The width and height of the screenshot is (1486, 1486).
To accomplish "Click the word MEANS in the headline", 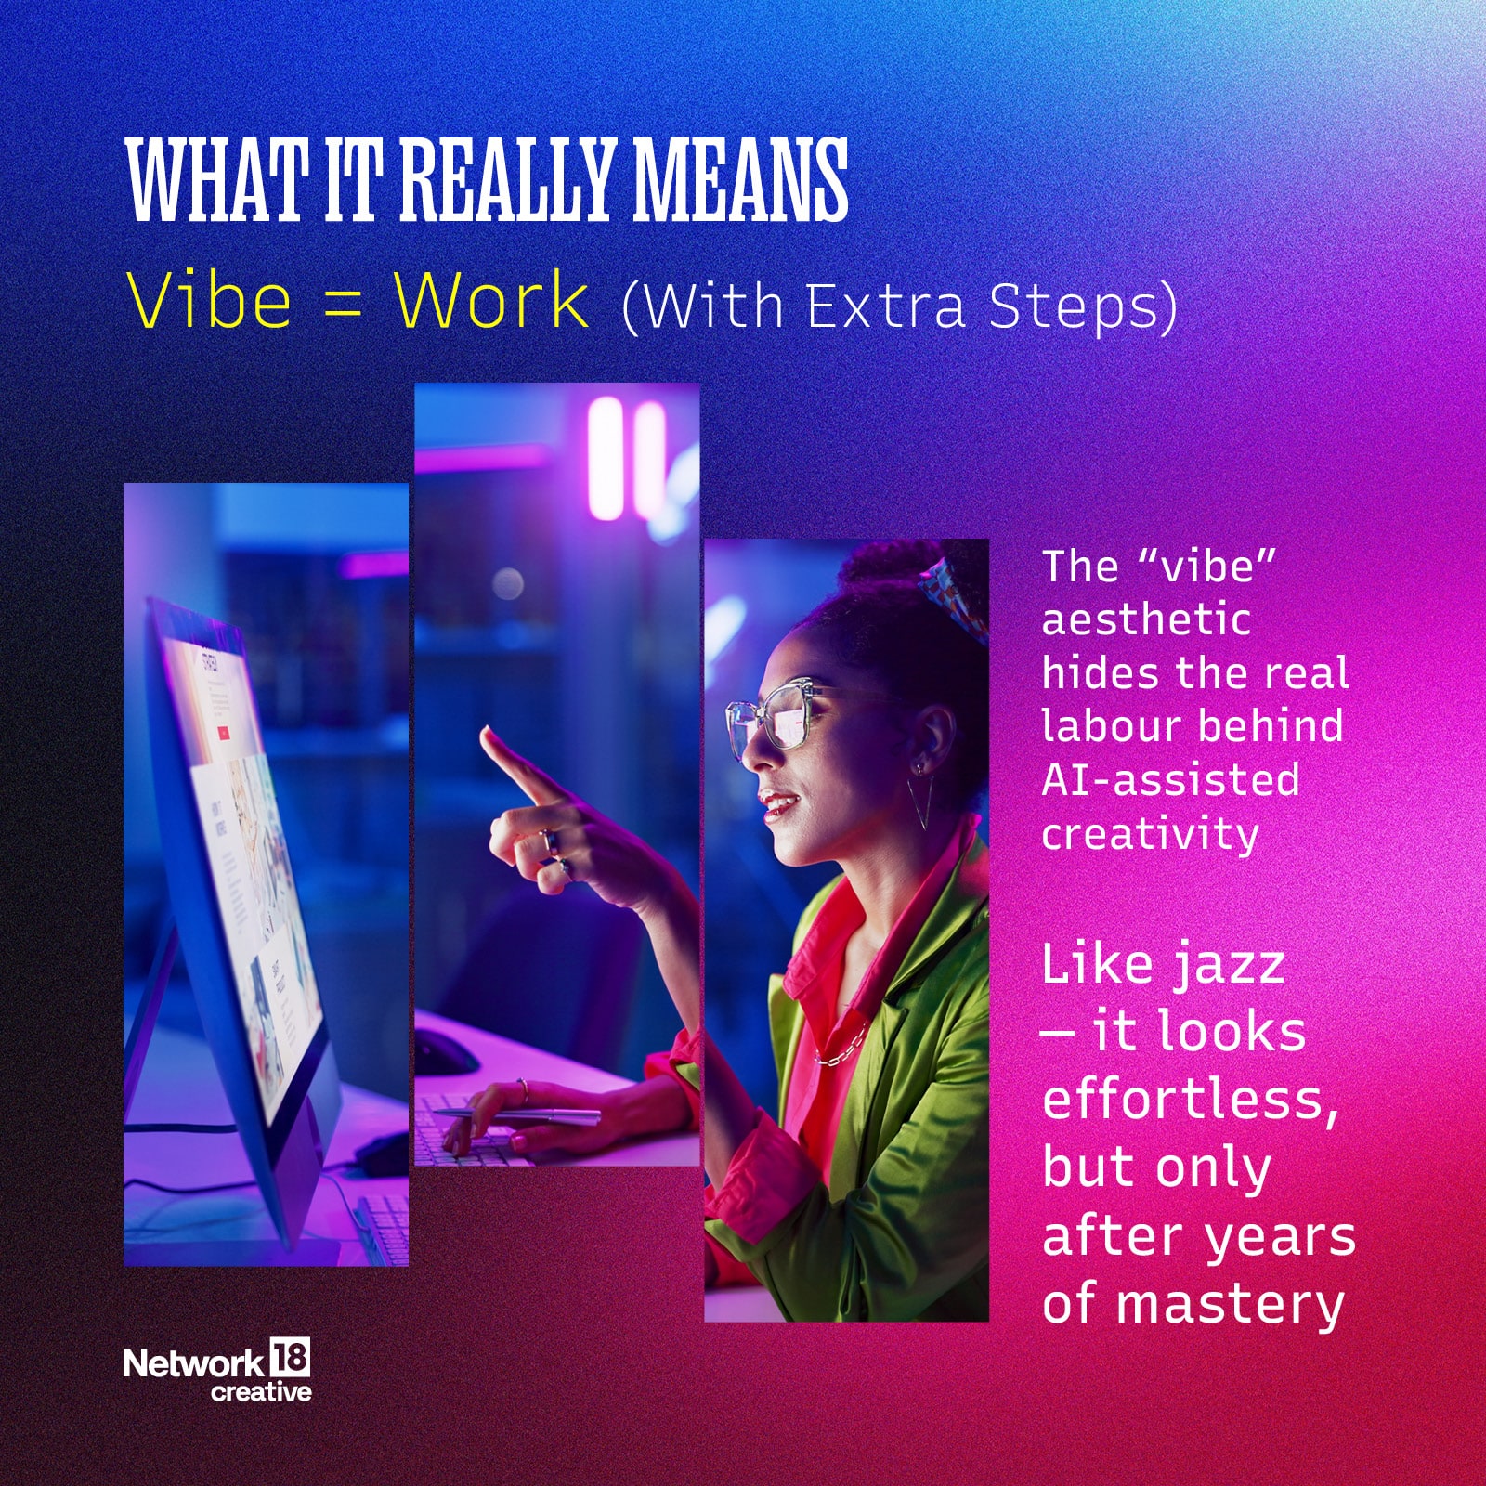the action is point(740,179).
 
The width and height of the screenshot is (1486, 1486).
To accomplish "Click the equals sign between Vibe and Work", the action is point(343,305).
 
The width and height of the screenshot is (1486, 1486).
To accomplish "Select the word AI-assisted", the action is point(1170,779).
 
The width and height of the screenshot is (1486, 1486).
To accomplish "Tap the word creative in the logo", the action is point(261,1391).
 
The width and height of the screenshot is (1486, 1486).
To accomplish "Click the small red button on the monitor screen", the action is point(223,733).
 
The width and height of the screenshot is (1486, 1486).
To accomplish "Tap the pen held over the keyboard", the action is point(516,1115).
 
